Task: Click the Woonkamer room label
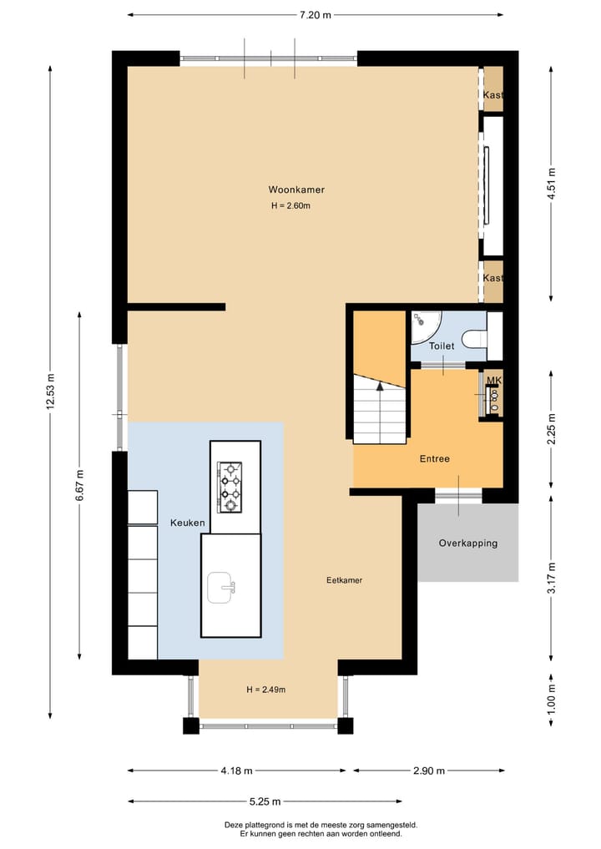point(296,190)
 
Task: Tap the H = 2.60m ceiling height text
point(290,206)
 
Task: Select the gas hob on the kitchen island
point(230,487)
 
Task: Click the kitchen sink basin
point(222,586)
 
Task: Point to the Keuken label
point(188,523)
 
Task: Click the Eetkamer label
point(344,580)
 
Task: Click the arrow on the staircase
point(380,387)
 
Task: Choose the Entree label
point(434,458)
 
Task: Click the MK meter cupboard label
point(494,381)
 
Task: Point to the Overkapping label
point(467,543)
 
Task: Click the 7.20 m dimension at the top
point(315,14)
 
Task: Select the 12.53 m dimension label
point(51,390)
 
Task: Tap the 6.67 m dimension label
point(79,483)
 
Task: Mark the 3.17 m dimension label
point(550,577)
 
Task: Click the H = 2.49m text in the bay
point(266,690)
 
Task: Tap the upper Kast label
point(492,95)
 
